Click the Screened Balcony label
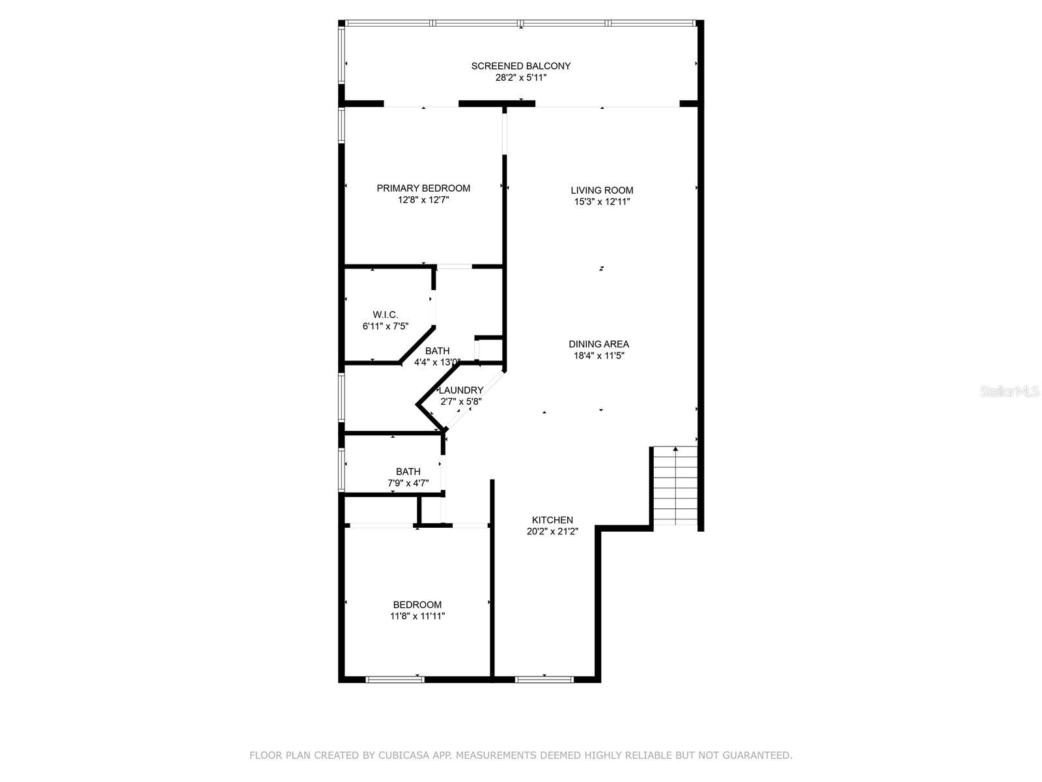click(521, 66)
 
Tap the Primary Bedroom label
click(423, 188)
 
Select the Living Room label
click(602, 190)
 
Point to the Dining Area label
click(599, 344)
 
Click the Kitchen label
click(552, 520)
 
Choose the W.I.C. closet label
click(386, 315)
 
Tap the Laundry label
click(461, 390)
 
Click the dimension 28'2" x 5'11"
click(521, 78)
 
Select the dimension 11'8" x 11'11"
click(417, 616)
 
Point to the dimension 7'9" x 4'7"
click(408, 484)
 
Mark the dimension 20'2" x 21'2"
click(552, 531)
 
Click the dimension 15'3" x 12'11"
click(602, 202)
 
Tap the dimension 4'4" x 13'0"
click(437, 362)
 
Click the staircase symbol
click(675, 485)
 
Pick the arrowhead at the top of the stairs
click(675, 449)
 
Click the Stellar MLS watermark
click(1009, 391)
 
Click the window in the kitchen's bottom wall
click(544, 680)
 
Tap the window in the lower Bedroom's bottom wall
click(395, 680)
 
